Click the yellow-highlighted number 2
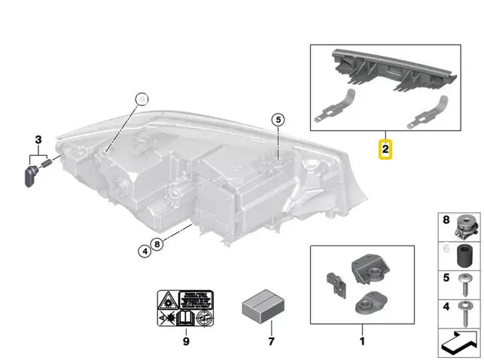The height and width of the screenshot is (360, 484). click(x=385, y=149)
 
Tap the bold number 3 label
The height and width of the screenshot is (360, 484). click(x=38, y=139)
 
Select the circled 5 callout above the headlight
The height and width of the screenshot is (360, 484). click(x=278, y=119)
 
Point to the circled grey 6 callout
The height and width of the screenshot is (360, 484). click(x=143, y=98)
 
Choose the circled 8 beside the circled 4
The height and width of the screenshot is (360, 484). click(x=156, y=243)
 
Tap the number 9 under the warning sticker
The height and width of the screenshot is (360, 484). click(x=186, y=340)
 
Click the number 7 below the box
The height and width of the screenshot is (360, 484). click(x=261, y=340)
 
